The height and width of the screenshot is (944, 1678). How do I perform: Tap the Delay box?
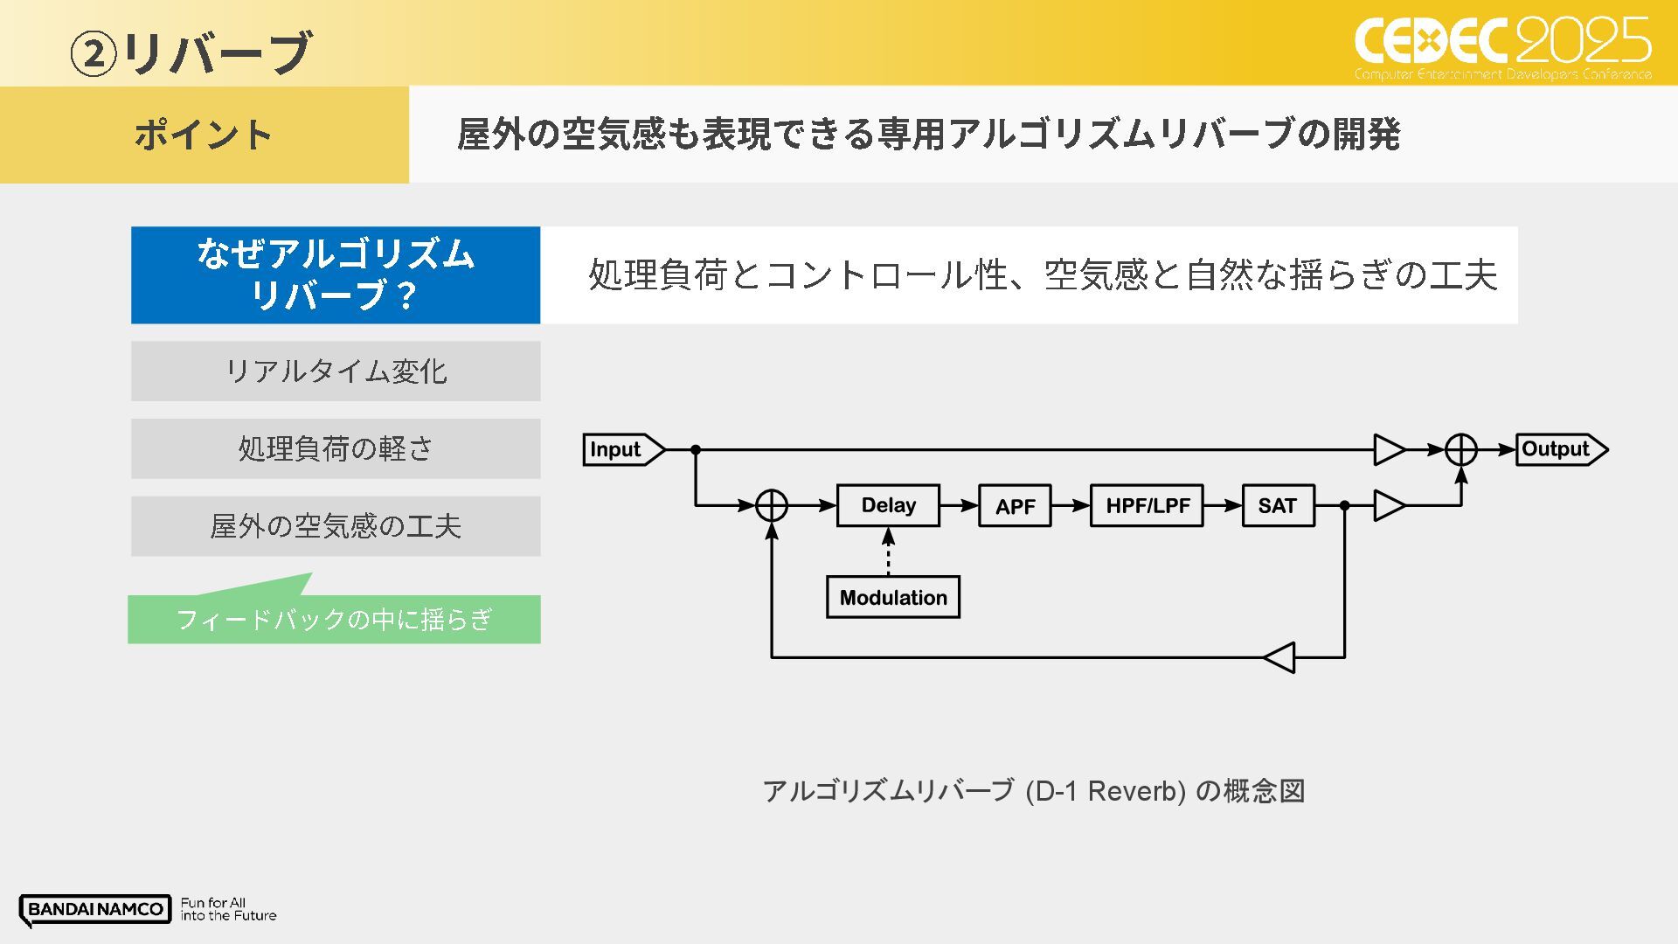(888, 505)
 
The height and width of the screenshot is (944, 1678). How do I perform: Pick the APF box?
(1015, 506)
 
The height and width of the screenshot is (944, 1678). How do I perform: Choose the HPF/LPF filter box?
(1147, 506)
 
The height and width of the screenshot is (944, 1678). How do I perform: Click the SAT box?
(1277, 506)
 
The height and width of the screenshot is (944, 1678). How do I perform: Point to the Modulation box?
(892, 598)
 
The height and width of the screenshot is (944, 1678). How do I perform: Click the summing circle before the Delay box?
(772, 505)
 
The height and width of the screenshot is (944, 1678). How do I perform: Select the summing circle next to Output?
(1460, 449)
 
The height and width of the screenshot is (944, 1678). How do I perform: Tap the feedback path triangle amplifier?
(1281, 657)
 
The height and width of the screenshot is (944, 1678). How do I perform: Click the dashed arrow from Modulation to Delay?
(888, 552)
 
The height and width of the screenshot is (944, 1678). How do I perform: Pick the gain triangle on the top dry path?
(1389, 449)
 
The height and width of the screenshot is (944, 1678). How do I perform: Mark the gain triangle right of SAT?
(1389, 505)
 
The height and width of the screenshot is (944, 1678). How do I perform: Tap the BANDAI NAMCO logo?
(95, 909)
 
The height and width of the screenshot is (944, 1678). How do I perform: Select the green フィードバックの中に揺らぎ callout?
(335, 619)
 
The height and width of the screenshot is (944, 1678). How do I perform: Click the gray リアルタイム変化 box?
(336, 371)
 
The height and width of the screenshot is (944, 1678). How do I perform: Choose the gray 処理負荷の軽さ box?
(336, 448)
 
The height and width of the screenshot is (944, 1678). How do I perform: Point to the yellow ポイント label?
(204, 135)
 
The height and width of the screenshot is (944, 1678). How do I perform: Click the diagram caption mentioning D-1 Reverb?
(1033, 791)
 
